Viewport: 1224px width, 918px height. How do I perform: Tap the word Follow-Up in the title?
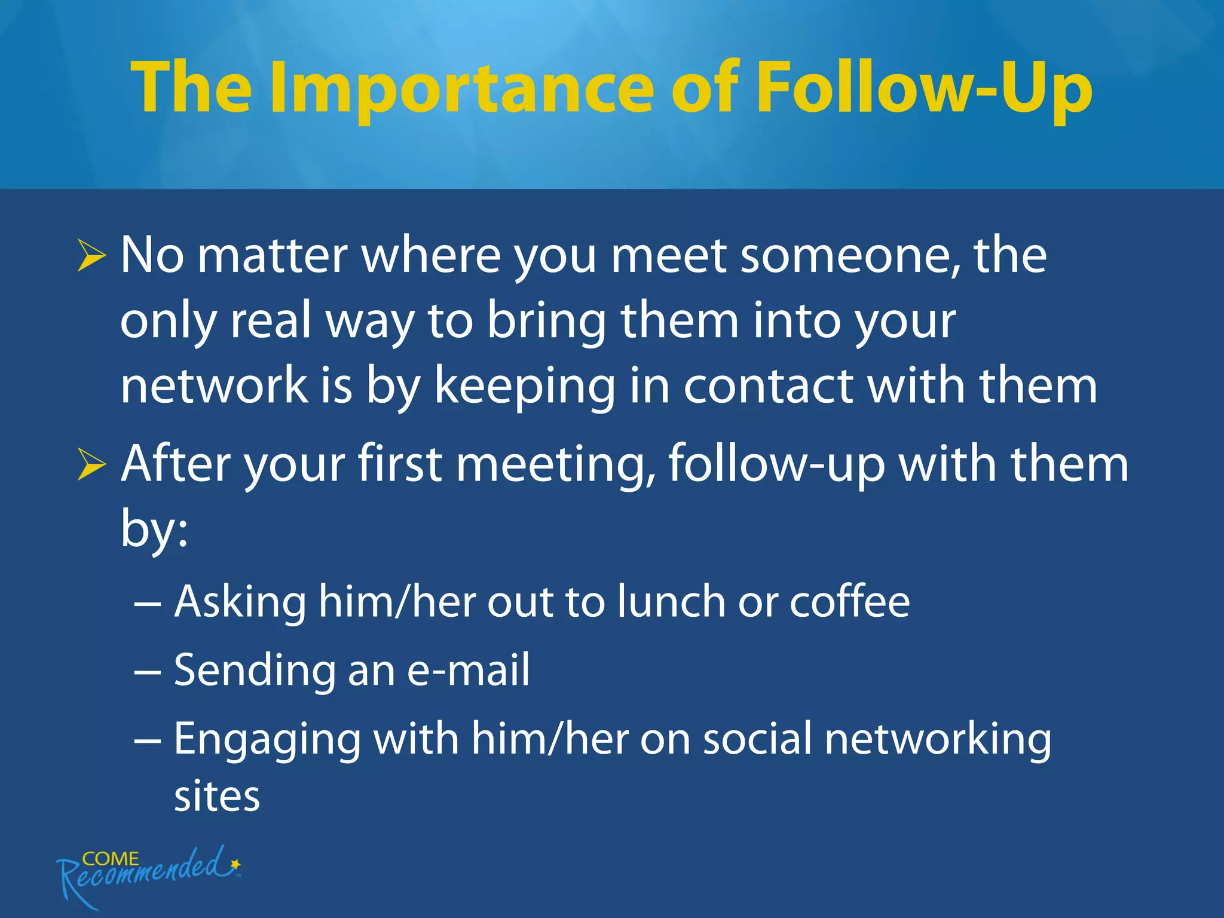coord(924,90)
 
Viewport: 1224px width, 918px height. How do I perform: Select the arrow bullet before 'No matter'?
coord(91,258)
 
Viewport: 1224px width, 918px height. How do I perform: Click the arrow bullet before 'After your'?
coord(91,466)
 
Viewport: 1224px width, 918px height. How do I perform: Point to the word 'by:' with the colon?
coord(154,528)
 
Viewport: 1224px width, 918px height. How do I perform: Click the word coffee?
coord(849,601)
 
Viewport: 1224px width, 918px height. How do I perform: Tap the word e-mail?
coord(468,670)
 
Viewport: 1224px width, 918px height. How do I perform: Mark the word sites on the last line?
coord(217,797)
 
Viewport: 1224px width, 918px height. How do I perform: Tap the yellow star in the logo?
coord(235,864)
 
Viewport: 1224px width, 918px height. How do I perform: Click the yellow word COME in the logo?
coord(111,859)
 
